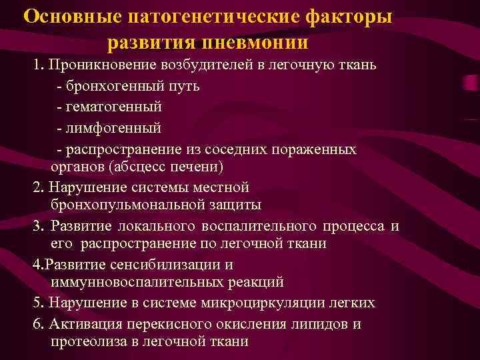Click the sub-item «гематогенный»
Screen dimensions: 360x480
pyautogui.click(x=113, y=107)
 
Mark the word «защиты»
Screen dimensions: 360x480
pyautogui.click(x=238, y=204)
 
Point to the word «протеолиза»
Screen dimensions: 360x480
pyautogui.click(x=87, y=341)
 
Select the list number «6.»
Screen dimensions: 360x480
pyautogui.click(x=38, y=324)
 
